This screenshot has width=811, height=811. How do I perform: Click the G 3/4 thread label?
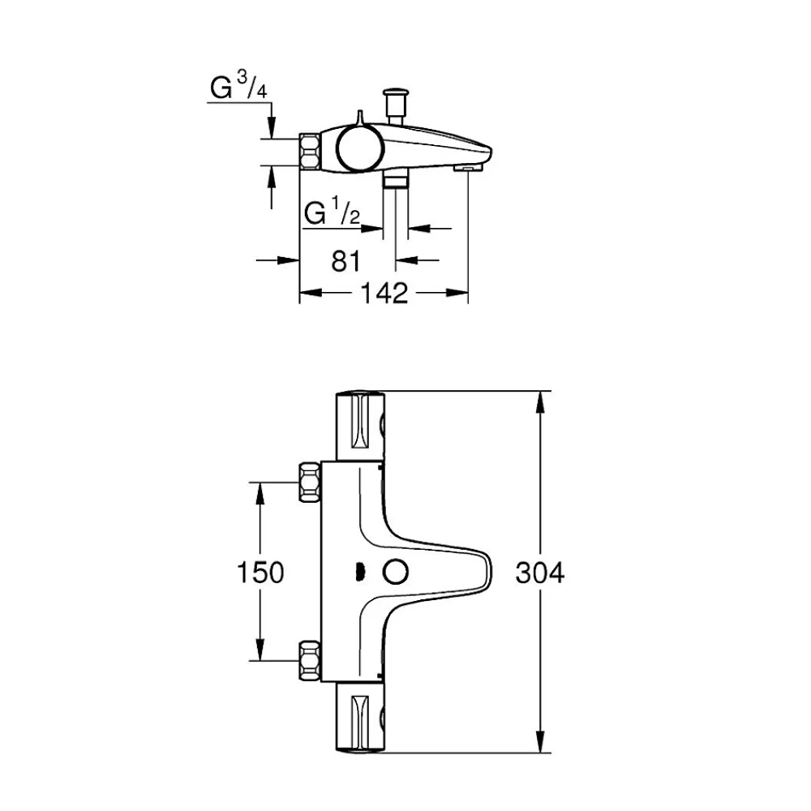click(238, 85)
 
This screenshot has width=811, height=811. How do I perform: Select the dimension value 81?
click(345, 260)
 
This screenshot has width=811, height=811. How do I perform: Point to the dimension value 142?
click(384, 294)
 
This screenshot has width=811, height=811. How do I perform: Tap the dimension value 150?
click(260, 573)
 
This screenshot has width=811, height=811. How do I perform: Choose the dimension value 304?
click(540, 573)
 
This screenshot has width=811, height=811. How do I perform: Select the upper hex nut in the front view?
click(311, 482)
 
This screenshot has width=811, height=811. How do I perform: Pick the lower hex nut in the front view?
click(311, 660)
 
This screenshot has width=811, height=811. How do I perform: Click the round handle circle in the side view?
click(361, 148)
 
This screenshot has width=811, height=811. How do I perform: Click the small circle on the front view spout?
click(396, 573)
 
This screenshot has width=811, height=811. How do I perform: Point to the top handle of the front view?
click(361, 426)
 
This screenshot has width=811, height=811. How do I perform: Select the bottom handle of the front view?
click(361, 717)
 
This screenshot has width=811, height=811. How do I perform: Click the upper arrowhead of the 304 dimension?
click(540, 402)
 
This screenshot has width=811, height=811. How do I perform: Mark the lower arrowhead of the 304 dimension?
click(540, 741)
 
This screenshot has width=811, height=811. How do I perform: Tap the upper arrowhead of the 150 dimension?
click(260, 493)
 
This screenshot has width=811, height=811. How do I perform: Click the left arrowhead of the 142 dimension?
click(311, 293)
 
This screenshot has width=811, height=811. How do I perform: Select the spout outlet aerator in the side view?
click(468, 168)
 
